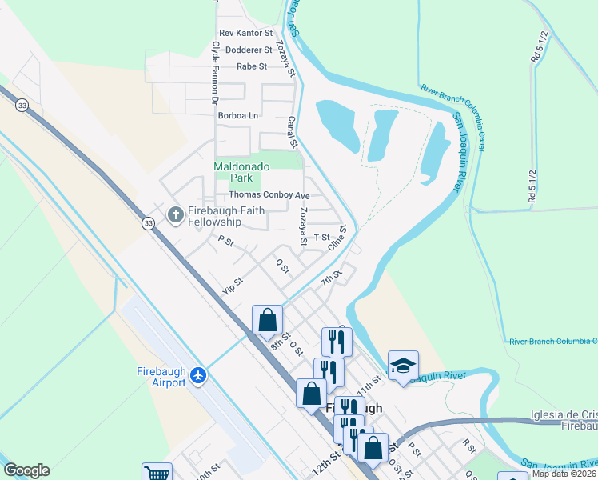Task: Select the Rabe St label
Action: (x=252, y=66)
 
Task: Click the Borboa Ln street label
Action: (x=238, y=115)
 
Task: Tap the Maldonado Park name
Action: (x=243, y=172)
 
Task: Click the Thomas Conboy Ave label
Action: (x=269, y=195)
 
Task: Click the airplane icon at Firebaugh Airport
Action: (x=199, y=375)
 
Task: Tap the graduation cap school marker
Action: (x=403, y=366)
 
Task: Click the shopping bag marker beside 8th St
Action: (x=268, y=320)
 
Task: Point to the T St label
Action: (x=321, y=238)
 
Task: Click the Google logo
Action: (x=26, y=470)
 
